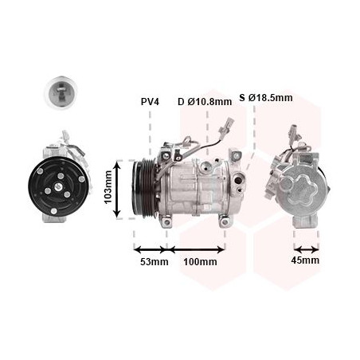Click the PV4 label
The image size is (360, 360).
(x=150, y=101)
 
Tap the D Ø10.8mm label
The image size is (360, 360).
(x=205, y=101)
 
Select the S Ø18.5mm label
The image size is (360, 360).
(x=266, y=98)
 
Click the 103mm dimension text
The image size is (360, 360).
(x=108, y=187)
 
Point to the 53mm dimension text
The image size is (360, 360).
(x=155, y=262)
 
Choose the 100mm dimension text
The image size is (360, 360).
(x=201, y=262)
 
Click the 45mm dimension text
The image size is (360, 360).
(x=305, y=260)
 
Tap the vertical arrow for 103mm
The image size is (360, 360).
(x=117, y=190)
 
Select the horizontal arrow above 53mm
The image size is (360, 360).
(x=151, y=249)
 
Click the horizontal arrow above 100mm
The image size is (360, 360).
(x=197, y=249)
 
